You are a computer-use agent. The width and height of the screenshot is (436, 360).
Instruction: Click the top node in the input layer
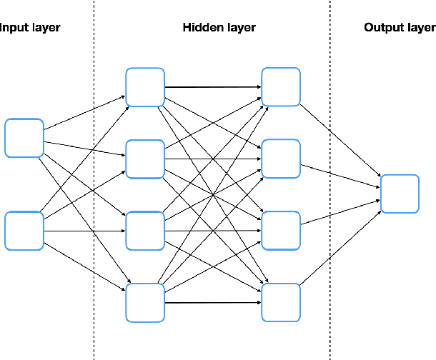coord(24,138)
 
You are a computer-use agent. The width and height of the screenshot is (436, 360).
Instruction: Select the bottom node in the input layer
coord(24,231)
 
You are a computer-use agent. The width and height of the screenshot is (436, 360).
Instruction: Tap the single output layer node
coord(400,194)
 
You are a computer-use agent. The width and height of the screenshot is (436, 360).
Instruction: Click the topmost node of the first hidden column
coord(145,87)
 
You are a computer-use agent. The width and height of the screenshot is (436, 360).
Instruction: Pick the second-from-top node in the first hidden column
coord(145,159)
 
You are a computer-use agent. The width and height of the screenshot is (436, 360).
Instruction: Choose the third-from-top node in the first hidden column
coord(145,231)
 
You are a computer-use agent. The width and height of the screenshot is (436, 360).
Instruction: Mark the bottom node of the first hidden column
coord(145,302)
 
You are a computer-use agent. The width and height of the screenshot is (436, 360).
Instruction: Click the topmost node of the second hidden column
coord(281,87)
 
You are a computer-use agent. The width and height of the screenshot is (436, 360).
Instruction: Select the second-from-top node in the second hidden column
coord(281,159)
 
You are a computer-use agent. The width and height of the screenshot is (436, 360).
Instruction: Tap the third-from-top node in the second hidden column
coord(281,231)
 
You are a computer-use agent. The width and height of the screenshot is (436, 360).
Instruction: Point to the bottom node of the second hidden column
coord(281,302)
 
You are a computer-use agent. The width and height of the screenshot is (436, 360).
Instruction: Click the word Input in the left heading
coord(13,28)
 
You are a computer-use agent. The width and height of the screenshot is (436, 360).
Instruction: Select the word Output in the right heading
coord(381,28)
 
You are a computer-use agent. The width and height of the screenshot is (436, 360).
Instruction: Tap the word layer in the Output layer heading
coord(420,28)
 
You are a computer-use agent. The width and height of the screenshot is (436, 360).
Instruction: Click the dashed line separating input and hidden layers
coord(94,179)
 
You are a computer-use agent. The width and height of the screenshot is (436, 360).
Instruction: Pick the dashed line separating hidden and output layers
coord(330,179)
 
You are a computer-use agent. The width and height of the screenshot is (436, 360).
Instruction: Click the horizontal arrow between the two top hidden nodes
coord(213,88)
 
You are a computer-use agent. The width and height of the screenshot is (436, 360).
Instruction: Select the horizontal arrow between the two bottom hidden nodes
coord(213,302)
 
